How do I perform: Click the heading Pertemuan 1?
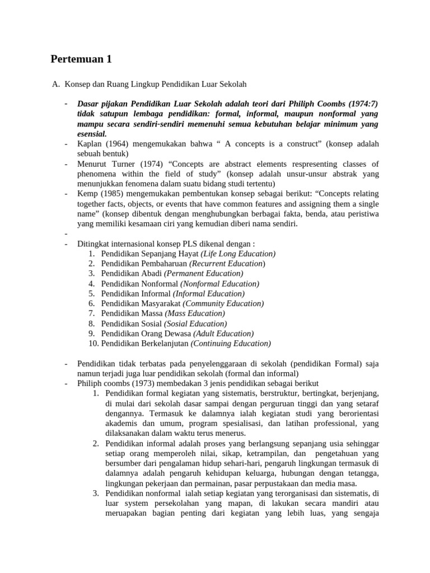[85, 58]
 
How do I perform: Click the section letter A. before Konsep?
[55, 84]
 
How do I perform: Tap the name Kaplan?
[90, 144]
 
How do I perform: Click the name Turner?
[129, 164]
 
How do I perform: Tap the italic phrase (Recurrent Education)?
[227, 264]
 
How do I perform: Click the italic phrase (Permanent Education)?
[204, 274]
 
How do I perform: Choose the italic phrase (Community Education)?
[223, 303]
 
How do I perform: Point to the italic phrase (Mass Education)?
[195, 313]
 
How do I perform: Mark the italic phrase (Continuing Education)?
[231, 344]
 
